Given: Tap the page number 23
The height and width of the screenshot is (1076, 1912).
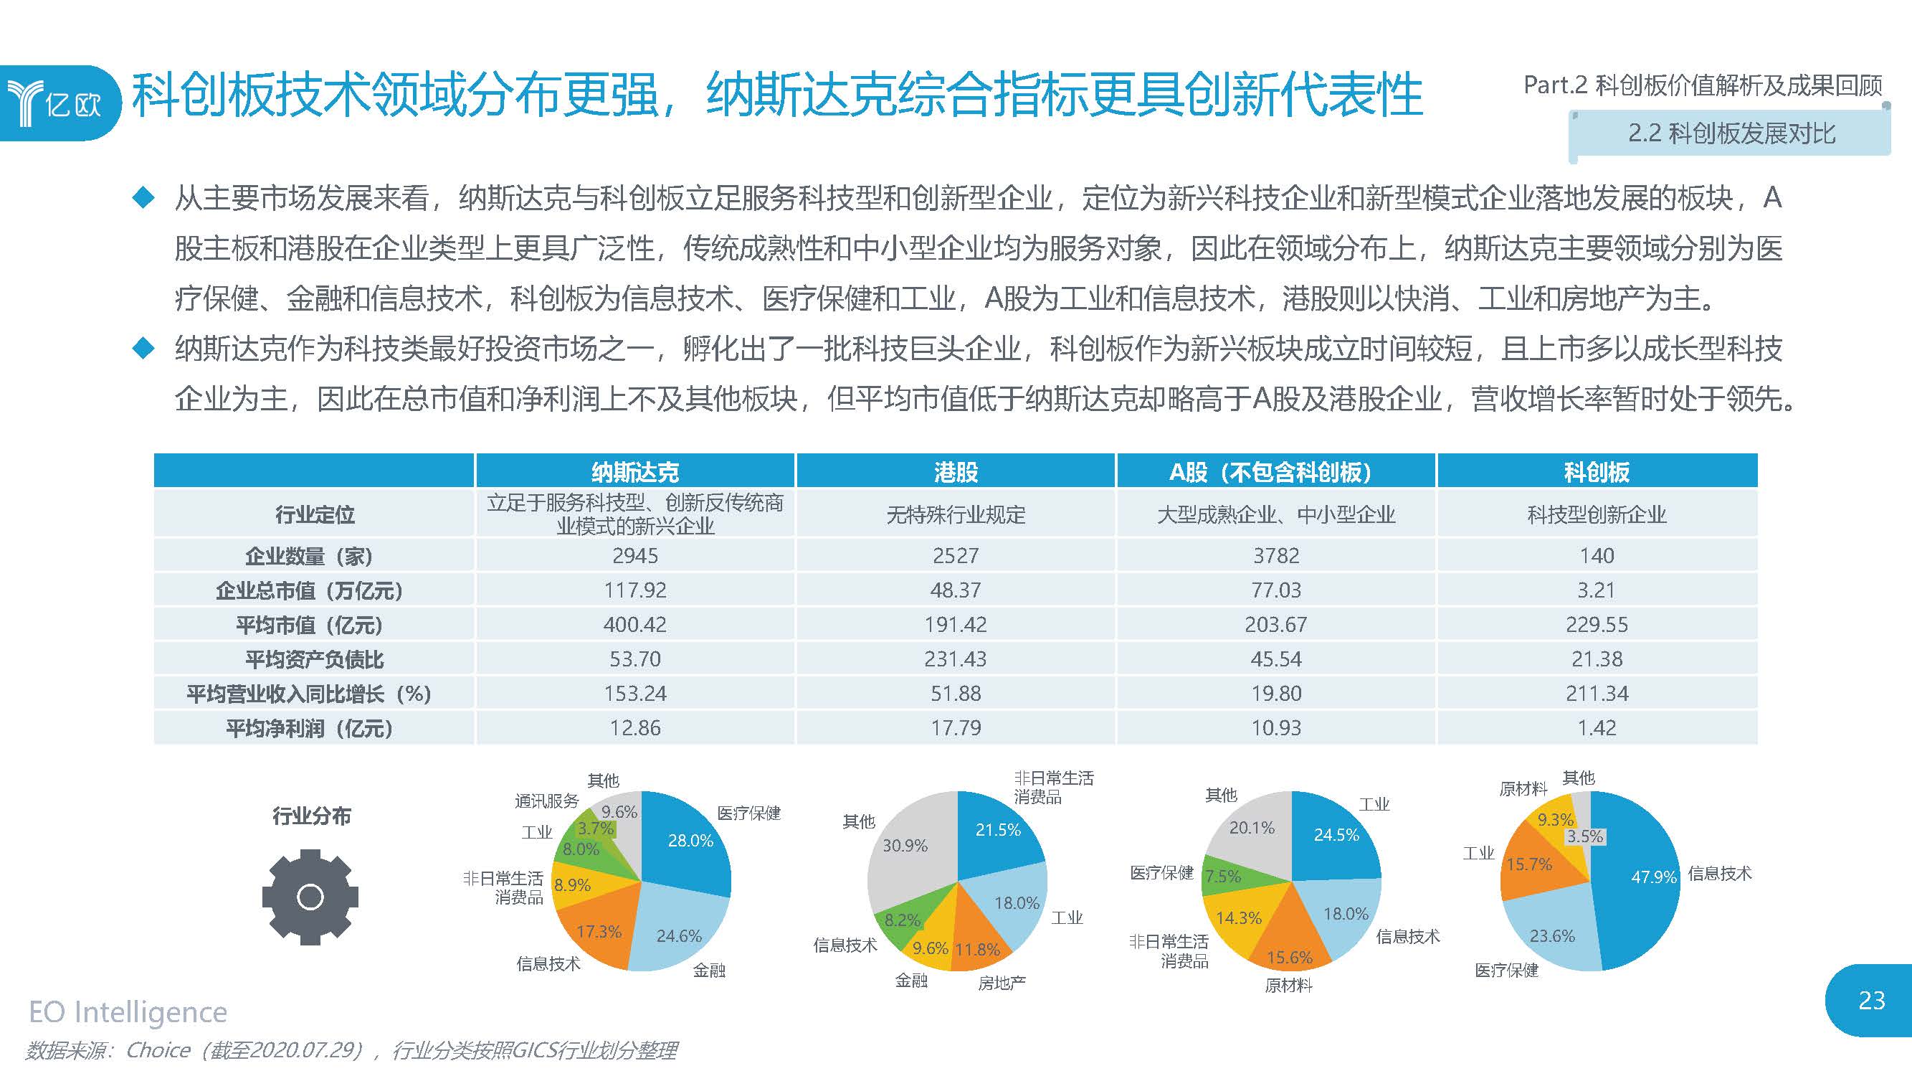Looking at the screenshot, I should click(x=1871, y=1000).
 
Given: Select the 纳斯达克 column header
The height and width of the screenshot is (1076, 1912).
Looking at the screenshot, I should click(x=634, y=472).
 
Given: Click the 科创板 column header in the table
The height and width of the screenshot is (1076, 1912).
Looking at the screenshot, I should click(x=1597, y=472).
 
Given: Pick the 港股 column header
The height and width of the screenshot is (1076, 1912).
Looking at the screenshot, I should click(x=955, y=472).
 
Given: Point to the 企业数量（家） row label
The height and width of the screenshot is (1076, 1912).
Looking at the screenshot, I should click(x=309, y=556).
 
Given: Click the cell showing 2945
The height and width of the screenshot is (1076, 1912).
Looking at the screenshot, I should click(x=634, y=556).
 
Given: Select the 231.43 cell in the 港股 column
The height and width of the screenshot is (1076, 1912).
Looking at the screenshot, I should click(x=955, y=659).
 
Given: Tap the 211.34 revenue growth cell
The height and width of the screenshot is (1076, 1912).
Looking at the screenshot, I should click(x=1597, y=694).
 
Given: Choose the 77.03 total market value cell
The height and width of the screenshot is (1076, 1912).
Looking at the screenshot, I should click(x=1276, y=590).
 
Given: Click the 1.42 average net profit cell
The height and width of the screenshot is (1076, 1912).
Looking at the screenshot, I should click(x=1597, y=727).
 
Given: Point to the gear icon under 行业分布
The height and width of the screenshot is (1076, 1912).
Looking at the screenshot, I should click(x=310, y=897).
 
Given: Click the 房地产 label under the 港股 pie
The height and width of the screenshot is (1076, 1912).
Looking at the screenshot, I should click(x=1002, y=983).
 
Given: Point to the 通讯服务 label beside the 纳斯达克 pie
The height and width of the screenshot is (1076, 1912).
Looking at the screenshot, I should click(x=546, y=801).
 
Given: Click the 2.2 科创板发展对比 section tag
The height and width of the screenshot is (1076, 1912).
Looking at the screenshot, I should click(x=1730, y=133).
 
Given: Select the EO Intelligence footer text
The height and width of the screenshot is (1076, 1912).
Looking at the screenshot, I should click(x=128, y=1012).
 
